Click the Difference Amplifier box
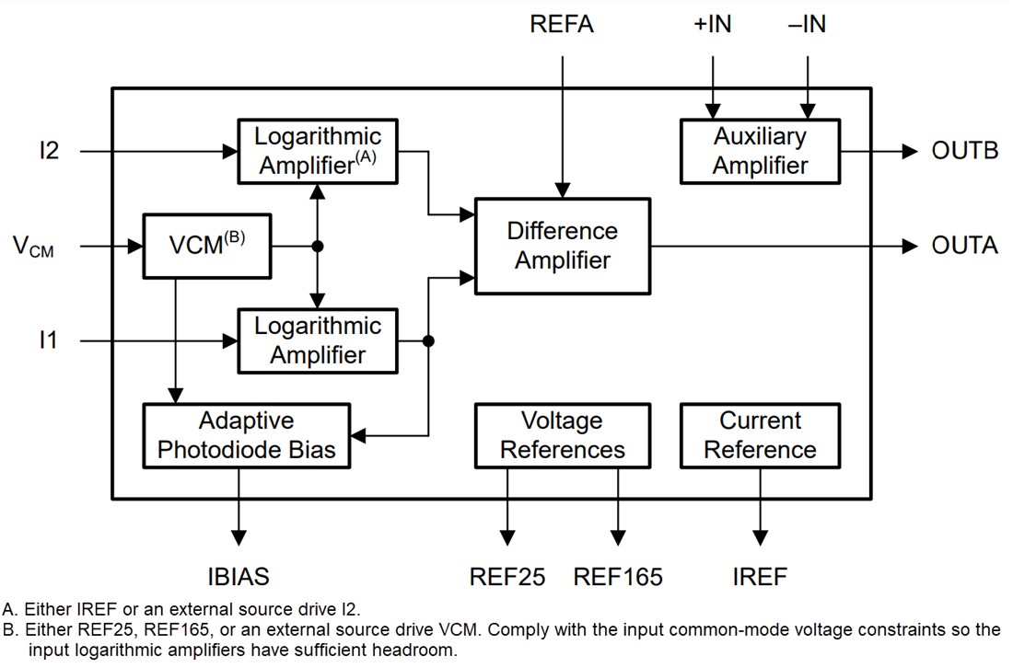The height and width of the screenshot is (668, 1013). tap(562, 246)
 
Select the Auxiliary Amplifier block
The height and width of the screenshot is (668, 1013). tap(760, 152)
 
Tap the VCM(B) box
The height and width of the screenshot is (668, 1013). tap(207, 246)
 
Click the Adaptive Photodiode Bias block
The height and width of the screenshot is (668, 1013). tap(247, 436)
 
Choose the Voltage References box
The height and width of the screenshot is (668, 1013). tap(562, 436)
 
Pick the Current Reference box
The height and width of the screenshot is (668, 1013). tap(760, 436)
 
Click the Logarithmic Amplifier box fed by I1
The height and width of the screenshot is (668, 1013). tap(317, 341)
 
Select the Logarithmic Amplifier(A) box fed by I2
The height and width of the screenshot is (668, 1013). tap(317, 152)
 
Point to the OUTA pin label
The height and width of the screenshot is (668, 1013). tap(963, 246)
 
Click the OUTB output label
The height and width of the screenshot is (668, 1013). tap(964, 151)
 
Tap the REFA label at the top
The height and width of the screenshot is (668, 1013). tap(562, 25)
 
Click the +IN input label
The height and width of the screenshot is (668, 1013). tap(712, 25)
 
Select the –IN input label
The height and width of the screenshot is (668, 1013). tap(807, 25)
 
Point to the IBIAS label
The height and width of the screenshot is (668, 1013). tap(239, 577)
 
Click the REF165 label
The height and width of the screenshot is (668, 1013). tap(618, 577)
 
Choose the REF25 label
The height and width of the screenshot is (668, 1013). tap(506, 577)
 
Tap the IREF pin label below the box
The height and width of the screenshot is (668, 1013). tap(760, 577)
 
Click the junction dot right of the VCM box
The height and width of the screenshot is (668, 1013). tap(318, 246)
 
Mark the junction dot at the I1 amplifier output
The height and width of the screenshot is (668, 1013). tap(427, 341)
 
